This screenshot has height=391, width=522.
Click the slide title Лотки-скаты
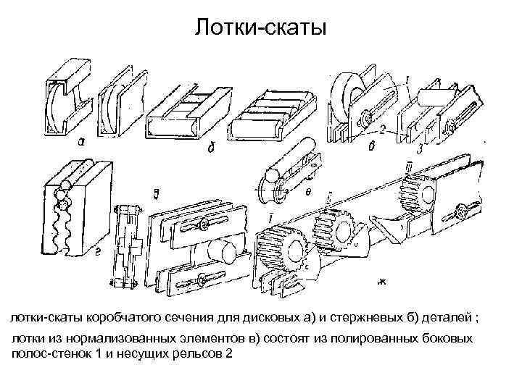261,28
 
